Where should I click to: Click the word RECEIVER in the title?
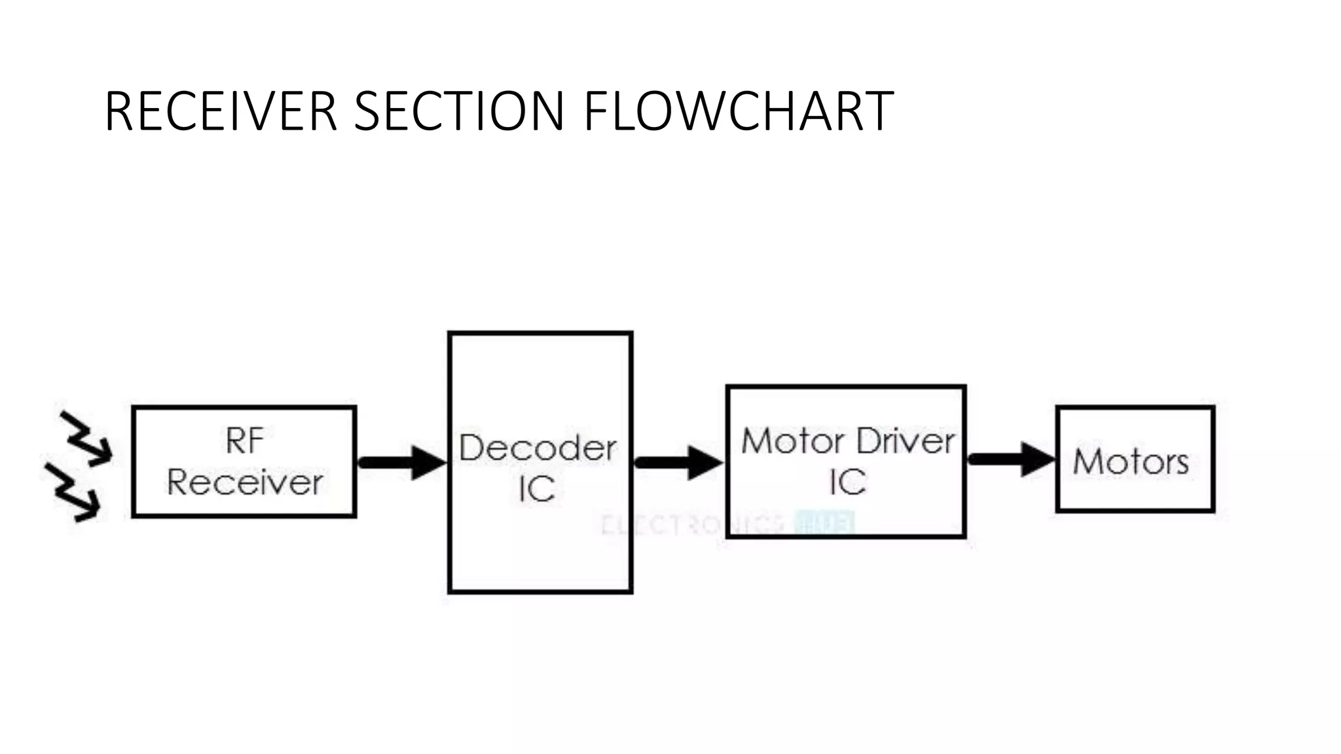coord(221,111)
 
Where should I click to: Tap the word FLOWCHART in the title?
coord(738,111)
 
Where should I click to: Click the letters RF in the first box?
coord(244,440)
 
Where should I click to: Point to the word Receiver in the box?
coord(244,483)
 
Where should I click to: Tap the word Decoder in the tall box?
coord(537,448)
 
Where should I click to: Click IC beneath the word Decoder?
coord(537,489)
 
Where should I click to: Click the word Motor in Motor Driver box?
coord(794,441)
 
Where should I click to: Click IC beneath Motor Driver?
coord(847,483)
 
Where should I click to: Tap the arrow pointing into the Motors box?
coord(1010,459)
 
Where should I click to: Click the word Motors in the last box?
coord(1131,461)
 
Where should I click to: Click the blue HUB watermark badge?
coord(823,523)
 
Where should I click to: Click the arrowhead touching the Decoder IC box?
coord(428,463)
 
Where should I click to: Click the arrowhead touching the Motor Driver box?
coord(705,463)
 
